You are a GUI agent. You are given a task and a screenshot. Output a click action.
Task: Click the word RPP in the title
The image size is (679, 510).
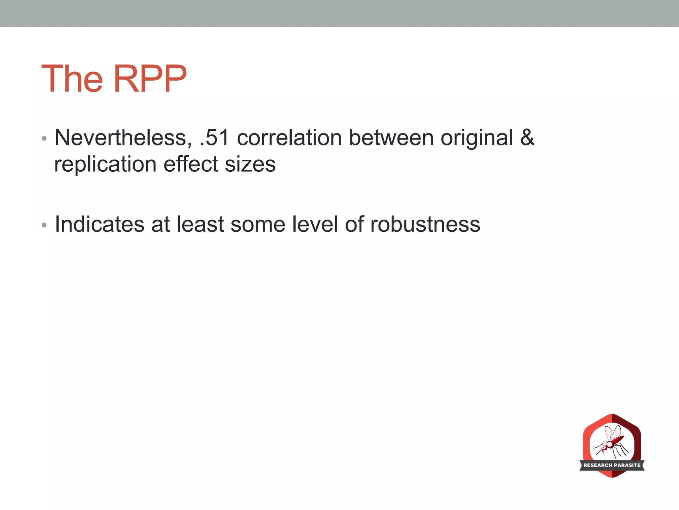point(150,79)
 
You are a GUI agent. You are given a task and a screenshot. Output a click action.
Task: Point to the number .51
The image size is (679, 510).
point(215,138)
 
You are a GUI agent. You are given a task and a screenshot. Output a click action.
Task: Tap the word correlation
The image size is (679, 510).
point(289,138)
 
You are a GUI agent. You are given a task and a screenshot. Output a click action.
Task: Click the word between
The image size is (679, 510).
point(391,138)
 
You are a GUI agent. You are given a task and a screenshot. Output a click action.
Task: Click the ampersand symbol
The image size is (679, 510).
point(527,138)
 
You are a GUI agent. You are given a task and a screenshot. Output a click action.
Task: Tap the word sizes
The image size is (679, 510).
point(250,164)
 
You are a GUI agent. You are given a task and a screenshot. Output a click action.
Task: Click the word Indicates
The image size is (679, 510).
point(99,224)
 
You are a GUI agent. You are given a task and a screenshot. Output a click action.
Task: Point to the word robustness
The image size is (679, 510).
point(425,224)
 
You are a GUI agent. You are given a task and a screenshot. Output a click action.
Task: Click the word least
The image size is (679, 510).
point(200,224)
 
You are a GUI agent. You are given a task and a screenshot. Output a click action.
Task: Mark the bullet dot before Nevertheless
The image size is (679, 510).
point(44,138)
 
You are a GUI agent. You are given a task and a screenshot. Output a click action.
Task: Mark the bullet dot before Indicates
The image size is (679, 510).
point(44,225)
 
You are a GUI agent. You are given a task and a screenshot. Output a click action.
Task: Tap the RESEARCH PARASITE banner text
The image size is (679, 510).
point(612,465)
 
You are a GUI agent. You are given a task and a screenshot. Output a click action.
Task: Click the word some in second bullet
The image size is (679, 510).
point(258,225)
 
